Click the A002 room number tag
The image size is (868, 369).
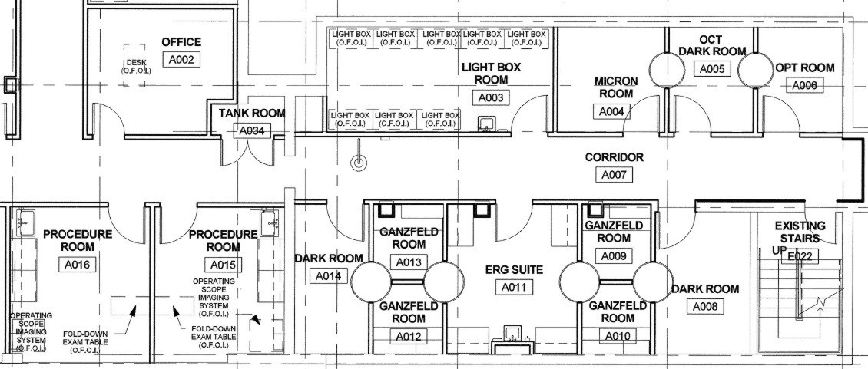coord(181,60)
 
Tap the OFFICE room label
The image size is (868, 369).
coord(181,42)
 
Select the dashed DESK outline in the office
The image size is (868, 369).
coord(134,65)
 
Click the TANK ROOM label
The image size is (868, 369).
coord(252,114)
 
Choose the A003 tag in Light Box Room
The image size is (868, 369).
coord(491,97)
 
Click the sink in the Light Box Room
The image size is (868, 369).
coord(486,124)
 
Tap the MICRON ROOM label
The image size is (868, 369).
coord(616,87)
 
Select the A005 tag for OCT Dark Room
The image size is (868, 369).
coord(712,68)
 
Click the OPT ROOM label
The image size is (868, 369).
coord(805,68)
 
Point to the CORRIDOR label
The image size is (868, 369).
coord(615,157)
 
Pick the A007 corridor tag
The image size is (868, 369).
coord(615,175)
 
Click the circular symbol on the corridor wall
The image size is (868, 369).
coord(359,163)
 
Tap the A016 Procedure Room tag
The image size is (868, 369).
coord(76,265)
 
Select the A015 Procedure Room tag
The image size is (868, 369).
coord(223,265)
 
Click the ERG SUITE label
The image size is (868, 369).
coord(514,270)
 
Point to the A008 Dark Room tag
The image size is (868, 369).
coord(704,306)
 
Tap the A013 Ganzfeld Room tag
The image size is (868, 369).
coord(409,262)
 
